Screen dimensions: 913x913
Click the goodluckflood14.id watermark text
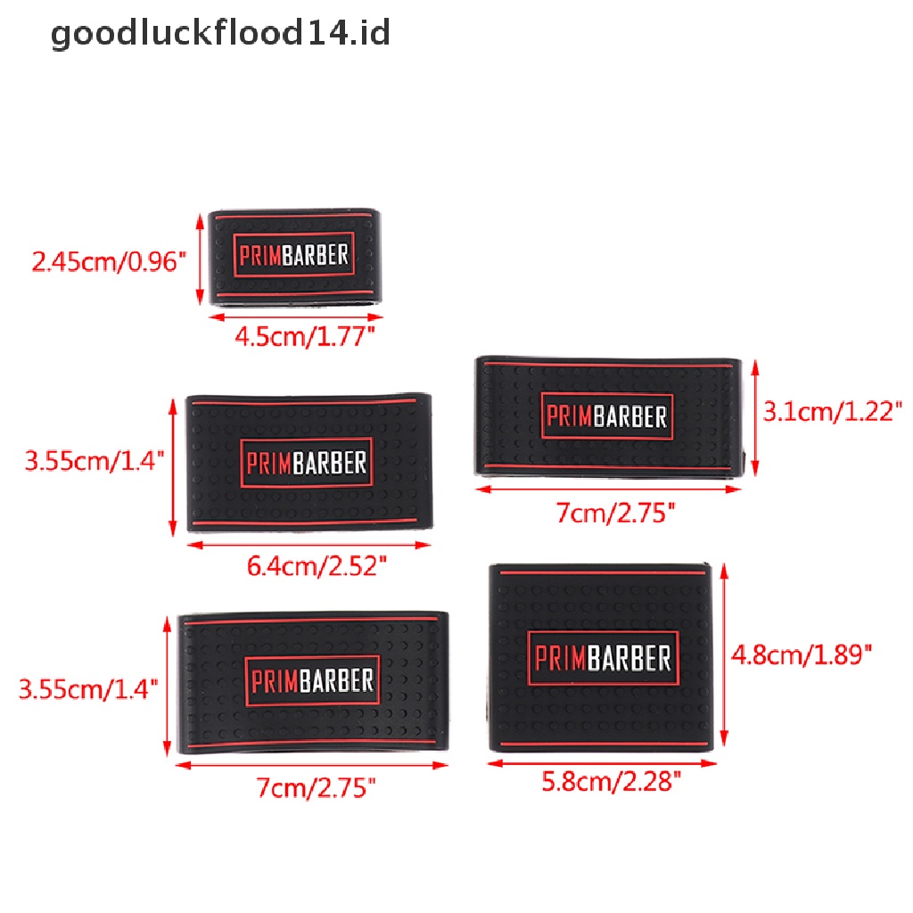[x=220, y=35]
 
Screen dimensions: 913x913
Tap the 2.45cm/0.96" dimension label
[x=109, y=261]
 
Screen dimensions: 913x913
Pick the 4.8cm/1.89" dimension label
[x=800, y=655]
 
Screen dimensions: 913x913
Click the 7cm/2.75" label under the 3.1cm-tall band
[x=615, y=514]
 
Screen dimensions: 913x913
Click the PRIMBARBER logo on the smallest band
[x=293, y=255]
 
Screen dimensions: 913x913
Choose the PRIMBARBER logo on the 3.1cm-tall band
[x=606, y=416]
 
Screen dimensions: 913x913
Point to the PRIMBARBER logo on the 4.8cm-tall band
[x=603, y=659]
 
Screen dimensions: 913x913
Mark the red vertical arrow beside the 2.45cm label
[x=199, y=258]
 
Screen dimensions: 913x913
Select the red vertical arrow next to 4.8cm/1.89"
[x=723, y=656]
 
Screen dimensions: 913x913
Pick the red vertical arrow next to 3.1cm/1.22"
[x=754, y=417]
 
